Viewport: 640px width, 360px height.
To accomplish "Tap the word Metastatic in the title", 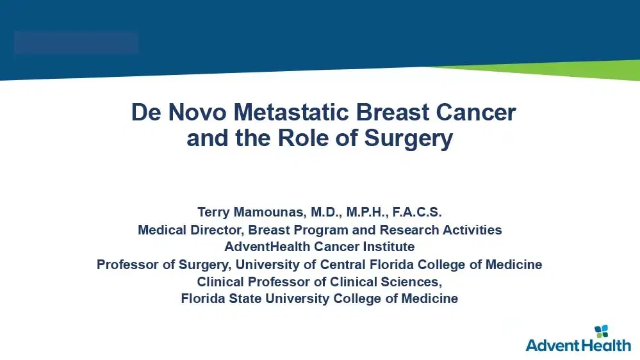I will coord(286,113).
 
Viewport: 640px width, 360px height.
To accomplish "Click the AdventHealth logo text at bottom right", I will coord(578,345).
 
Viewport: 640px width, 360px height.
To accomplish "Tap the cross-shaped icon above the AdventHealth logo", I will coord(602,331).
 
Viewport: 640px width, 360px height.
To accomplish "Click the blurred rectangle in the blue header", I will coord(76,42).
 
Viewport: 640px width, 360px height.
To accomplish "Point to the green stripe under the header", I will coord(577,71).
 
